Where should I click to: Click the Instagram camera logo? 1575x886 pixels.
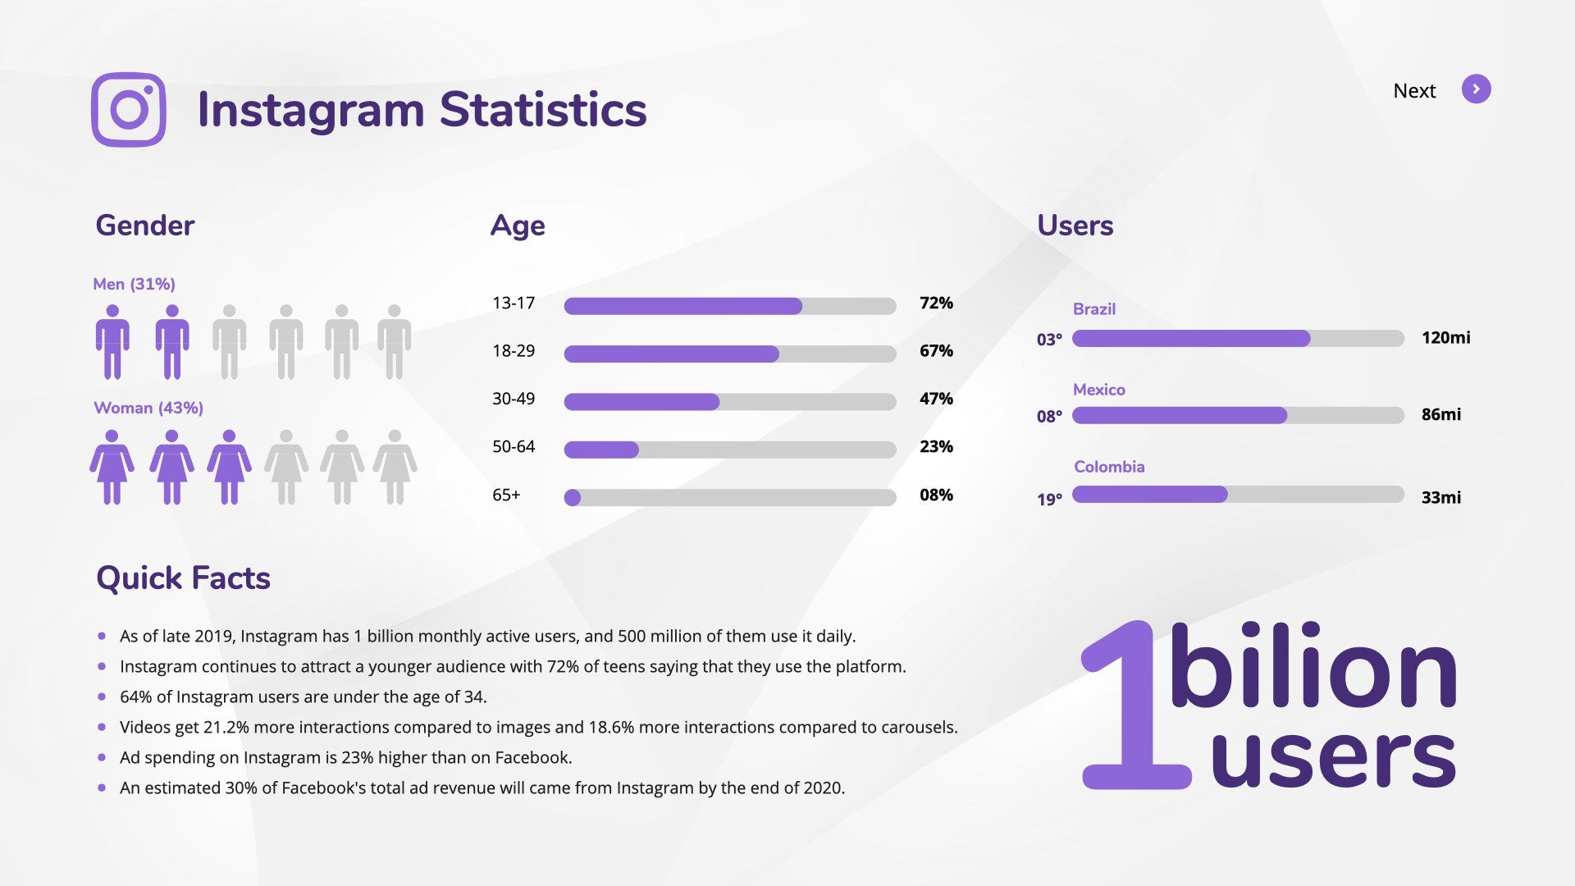(129, 110)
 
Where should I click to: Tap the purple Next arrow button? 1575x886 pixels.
(1476, 89)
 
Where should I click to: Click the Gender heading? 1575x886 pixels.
(145, 226)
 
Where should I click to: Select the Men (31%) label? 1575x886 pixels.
(134, 285)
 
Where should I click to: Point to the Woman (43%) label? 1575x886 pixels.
(148, 408)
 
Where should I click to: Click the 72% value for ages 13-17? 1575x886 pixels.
(936, 304)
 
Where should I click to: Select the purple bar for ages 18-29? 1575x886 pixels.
(671, 354)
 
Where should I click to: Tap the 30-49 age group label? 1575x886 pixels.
(514, 399)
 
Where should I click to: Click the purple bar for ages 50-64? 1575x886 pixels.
(601, 450)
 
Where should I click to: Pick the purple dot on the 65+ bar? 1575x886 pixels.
(573, 498)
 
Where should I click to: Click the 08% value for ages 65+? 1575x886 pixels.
(936, 496)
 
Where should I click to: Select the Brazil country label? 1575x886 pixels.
(1093, 309)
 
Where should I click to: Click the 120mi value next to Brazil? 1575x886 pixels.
(1445, 338)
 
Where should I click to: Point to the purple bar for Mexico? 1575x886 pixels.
(1179, 416)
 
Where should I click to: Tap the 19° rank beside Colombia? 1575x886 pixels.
(1049, 500)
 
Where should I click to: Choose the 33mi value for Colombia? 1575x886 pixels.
(1440, 498)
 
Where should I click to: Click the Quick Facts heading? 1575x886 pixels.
(183, 578)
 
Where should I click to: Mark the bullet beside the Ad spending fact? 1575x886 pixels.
(102, 757)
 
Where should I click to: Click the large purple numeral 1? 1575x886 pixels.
(1132, 706)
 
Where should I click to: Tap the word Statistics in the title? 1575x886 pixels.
(543, 110)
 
